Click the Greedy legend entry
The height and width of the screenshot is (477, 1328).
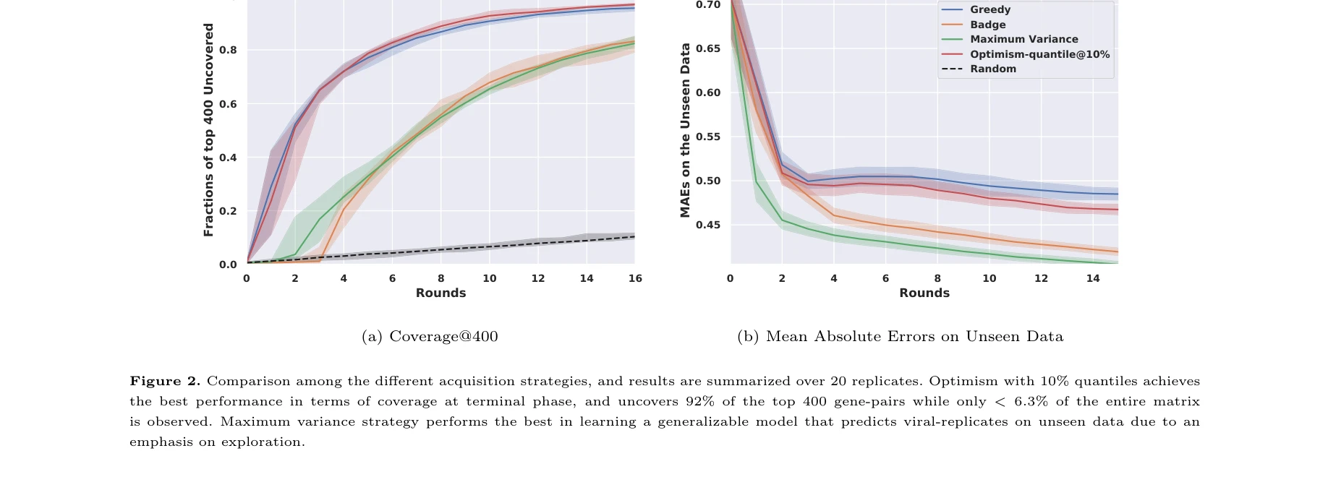pos(989,9)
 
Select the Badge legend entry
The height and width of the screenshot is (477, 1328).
pos(987,25)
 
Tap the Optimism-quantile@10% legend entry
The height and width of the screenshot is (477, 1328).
pos(1039,54)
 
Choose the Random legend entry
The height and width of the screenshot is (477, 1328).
pos(992,69)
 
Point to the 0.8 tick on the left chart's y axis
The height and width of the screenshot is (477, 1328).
pos(228,50)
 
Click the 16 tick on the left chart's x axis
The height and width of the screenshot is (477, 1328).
pos(635,278)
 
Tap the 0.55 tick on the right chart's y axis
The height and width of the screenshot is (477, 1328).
pos(708,137)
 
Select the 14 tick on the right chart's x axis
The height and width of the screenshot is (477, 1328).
pos(1092,278)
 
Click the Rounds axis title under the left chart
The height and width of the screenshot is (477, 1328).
pos(440,293)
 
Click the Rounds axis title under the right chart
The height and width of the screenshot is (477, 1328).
pos(924,293)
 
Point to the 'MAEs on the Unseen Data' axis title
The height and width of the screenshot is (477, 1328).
pos(685,130)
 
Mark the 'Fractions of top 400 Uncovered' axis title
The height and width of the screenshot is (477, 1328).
pos(208,130)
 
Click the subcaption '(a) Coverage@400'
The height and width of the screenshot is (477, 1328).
pos(430,336)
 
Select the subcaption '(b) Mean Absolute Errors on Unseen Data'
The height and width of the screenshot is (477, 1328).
pos(900,336)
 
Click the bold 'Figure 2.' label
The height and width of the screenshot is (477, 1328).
pos(165,381)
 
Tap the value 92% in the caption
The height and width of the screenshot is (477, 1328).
pos(699,401)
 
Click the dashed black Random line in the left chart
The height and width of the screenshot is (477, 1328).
pos(441,249)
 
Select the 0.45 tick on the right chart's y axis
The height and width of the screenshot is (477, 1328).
pos(708,225)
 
